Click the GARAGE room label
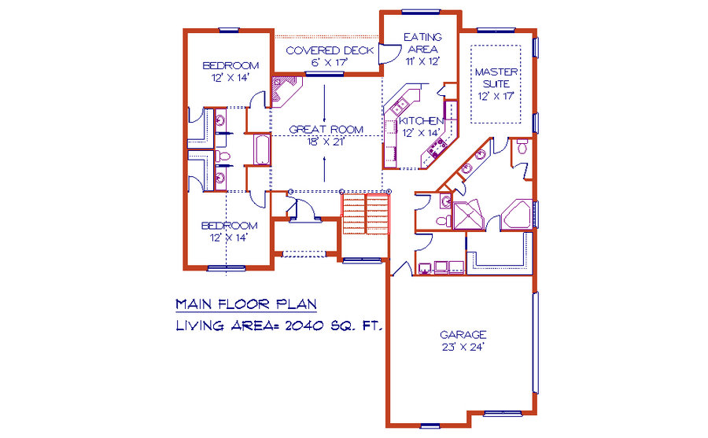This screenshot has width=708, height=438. click(x=463, y=335)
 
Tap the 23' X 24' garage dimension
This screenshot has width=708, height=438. click(x=463, y=347)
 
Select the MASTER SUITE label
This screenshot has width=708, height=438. click(x=496, y=78)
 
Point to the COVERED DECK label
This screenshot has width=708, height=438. click(x=330, y=50)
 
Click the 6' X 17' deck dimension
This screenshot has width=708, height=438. click(x=329, y=62)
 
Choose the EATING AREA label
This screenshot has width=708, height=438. click(x=423, y=43)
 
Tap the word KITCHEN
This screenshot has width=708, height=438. click(x=422, y=121)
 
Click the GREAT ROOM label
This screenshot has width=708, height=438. click(x=326, y=130)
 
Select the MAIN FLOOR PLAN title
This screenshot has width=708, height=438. click(x=246, y=304)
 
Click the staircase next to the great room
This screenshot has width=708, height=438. click(x=366, y=214)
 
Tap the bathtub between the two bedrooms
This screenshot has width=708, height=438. click(x=262, y=149)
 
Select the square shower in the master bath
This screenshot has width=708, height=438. click(x=469, y=215)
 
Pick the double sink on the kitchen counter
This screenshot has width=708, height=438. click(x=399, y=106)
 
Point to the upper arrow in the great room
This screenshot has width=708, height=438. click(x=324, y=98)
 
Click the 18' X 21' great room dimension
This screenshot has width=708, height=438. click(x=326, y=142)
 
